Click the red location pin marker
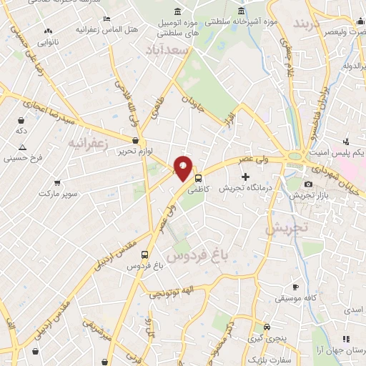[184, 168]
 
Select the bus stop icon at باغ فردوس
[145, 254]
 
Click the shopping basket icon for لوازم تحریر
[135, 140]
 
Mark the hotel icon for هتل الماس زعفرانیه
[107, 19]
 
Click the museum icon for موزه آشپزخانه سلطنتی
[240, 12]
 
